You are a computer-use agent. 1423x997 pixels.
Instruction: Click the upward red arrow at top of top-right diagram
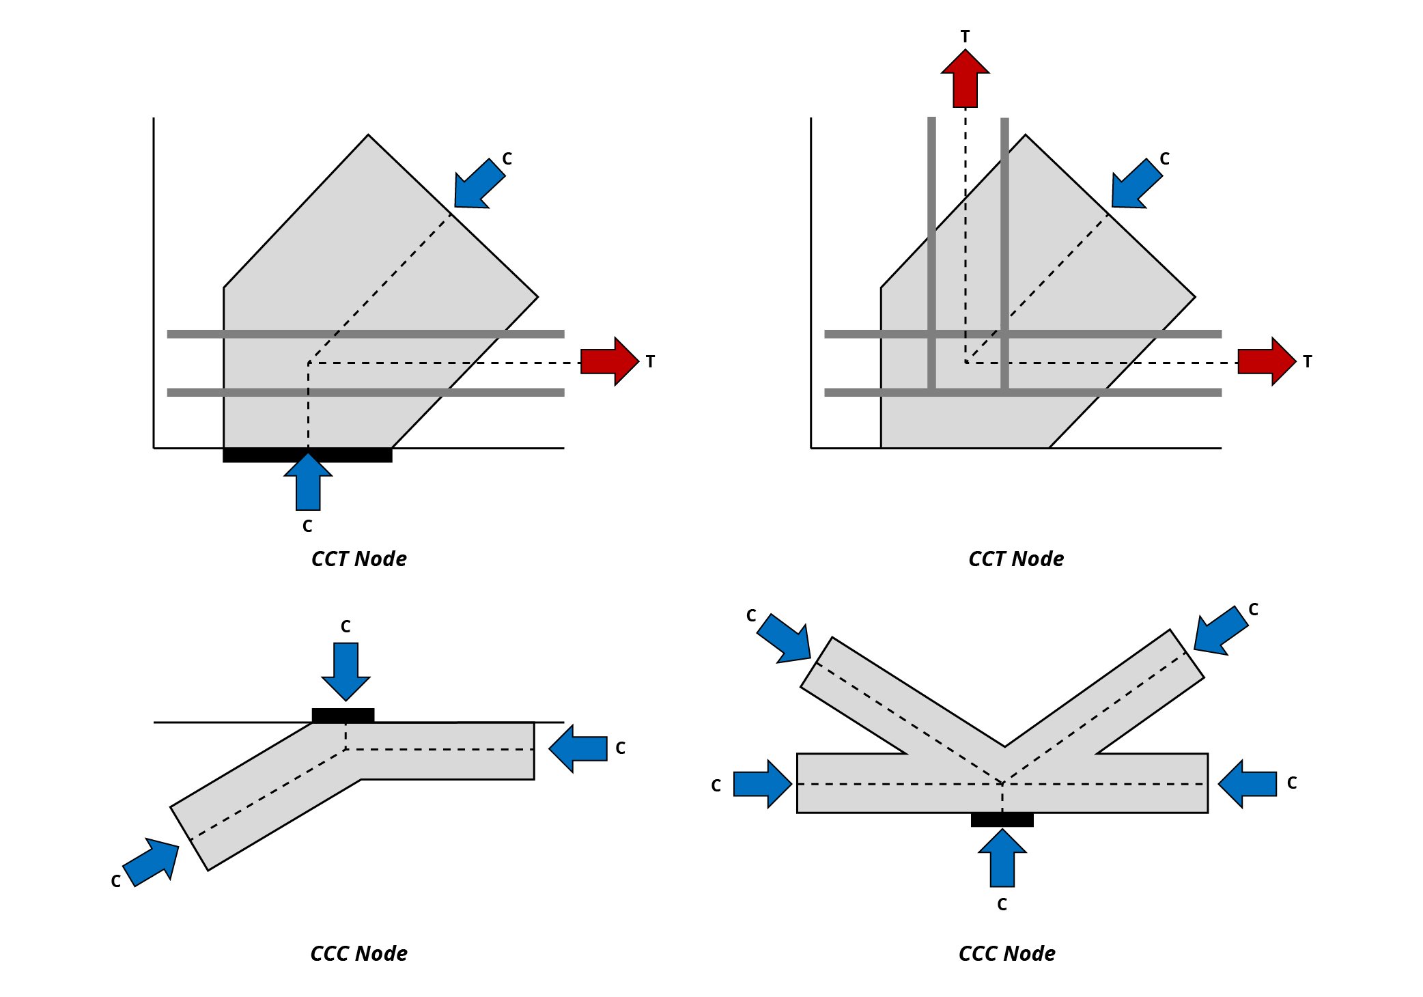[965, 80]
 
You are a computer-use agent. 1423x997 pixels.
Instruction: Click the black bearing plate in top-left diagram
[307, 455]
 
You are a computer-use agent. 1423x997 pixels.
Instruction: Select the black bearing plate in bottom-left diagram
[343, 715]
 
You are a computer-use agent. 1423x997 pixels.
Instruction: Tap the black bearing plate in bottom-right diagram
[1002, 819]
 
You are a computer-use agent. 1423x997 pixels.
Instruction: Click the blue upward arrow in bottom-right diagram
[1002, 858]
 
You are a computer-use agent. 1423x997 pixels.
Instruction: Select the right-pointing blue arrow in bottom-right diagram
[762, 784]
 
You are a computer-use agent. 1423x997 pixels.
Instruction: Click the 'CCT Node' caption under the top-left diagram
[358, 559]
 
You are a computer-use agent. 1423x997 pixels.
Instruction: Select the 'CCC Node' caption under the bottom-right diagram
[1006, 953]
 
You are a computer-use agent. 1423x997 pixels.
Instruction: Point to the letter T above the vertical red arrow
[965, 36]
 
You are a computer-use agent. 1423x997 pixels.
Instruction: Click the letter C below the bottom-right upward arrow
[1002, 904]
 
